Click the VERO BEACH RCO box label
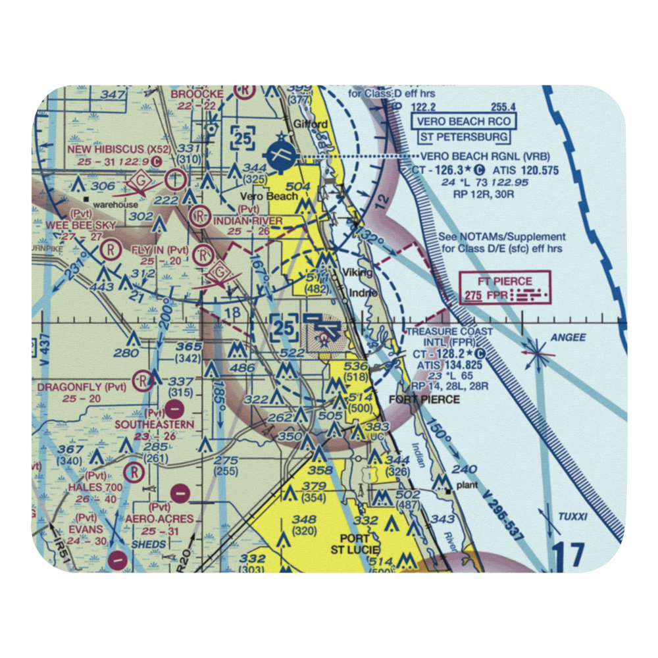pos(463,121)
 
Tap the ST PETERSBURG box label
pos(463,137)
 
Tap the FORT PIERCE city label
pos(424,399)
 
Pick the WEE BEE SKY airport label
pos(83,225)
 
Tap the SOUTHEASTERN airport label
pos(155,424)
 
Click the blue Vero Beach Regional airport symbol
pos(282,155)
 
